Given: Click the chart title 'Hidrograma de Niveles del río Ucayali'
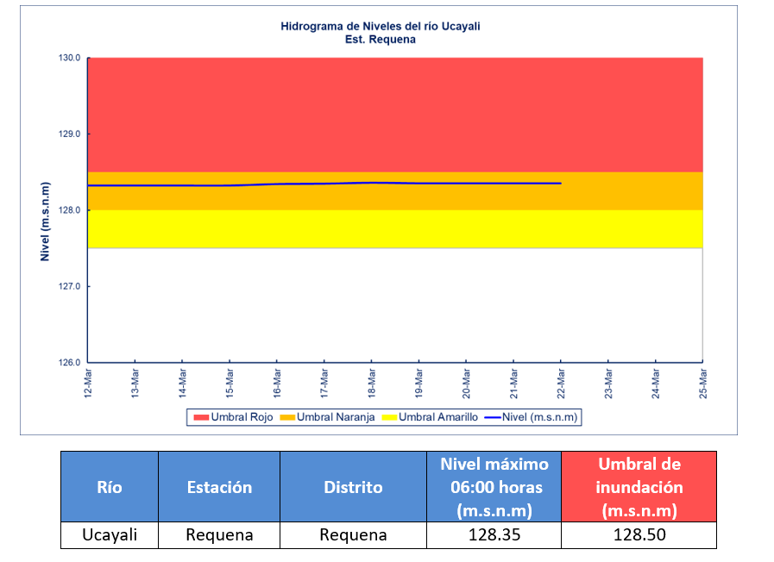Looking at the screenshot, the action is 380,26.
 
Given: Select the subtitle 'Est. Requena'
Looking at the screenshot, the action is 380,40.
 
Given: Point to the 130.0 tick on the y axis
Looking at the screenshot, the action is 70,58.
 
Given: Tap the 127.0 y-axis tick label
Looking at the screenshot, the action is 70,286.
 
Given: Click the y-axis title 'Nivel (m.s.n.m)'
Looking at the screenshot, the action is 45,222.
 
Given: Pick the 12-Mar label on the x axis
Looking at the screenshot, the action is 88,384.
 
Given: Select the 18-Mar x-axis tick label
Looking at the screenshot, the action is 372,384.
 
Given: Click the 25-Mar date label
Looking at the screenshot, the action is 703,384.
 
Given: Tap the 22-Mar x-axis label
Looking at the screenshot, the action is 561,384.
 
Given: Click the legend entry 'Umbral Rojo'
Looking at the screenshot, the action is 234,417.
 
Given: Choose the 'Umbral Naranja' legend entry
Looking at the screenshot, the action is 327,417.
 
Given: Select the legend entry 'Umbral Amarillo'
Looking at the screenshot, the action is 430,417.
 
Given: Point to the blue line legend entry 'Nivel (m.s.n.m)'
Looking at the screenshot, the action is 532,417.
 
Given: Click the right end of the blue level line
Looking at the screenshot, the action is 561,184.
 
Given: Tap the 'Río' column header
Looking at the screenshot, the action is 110,487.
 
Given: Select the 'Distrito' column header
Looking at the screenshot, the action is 353,487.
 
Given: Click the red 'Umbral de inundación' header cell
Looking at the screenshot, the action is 639,487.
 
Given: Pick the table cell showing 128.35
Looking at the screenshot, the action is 494,535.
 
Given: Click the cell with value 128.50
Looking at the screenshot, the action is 639,535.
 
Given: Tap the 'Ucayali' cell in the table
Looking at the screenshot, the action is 110,535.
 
